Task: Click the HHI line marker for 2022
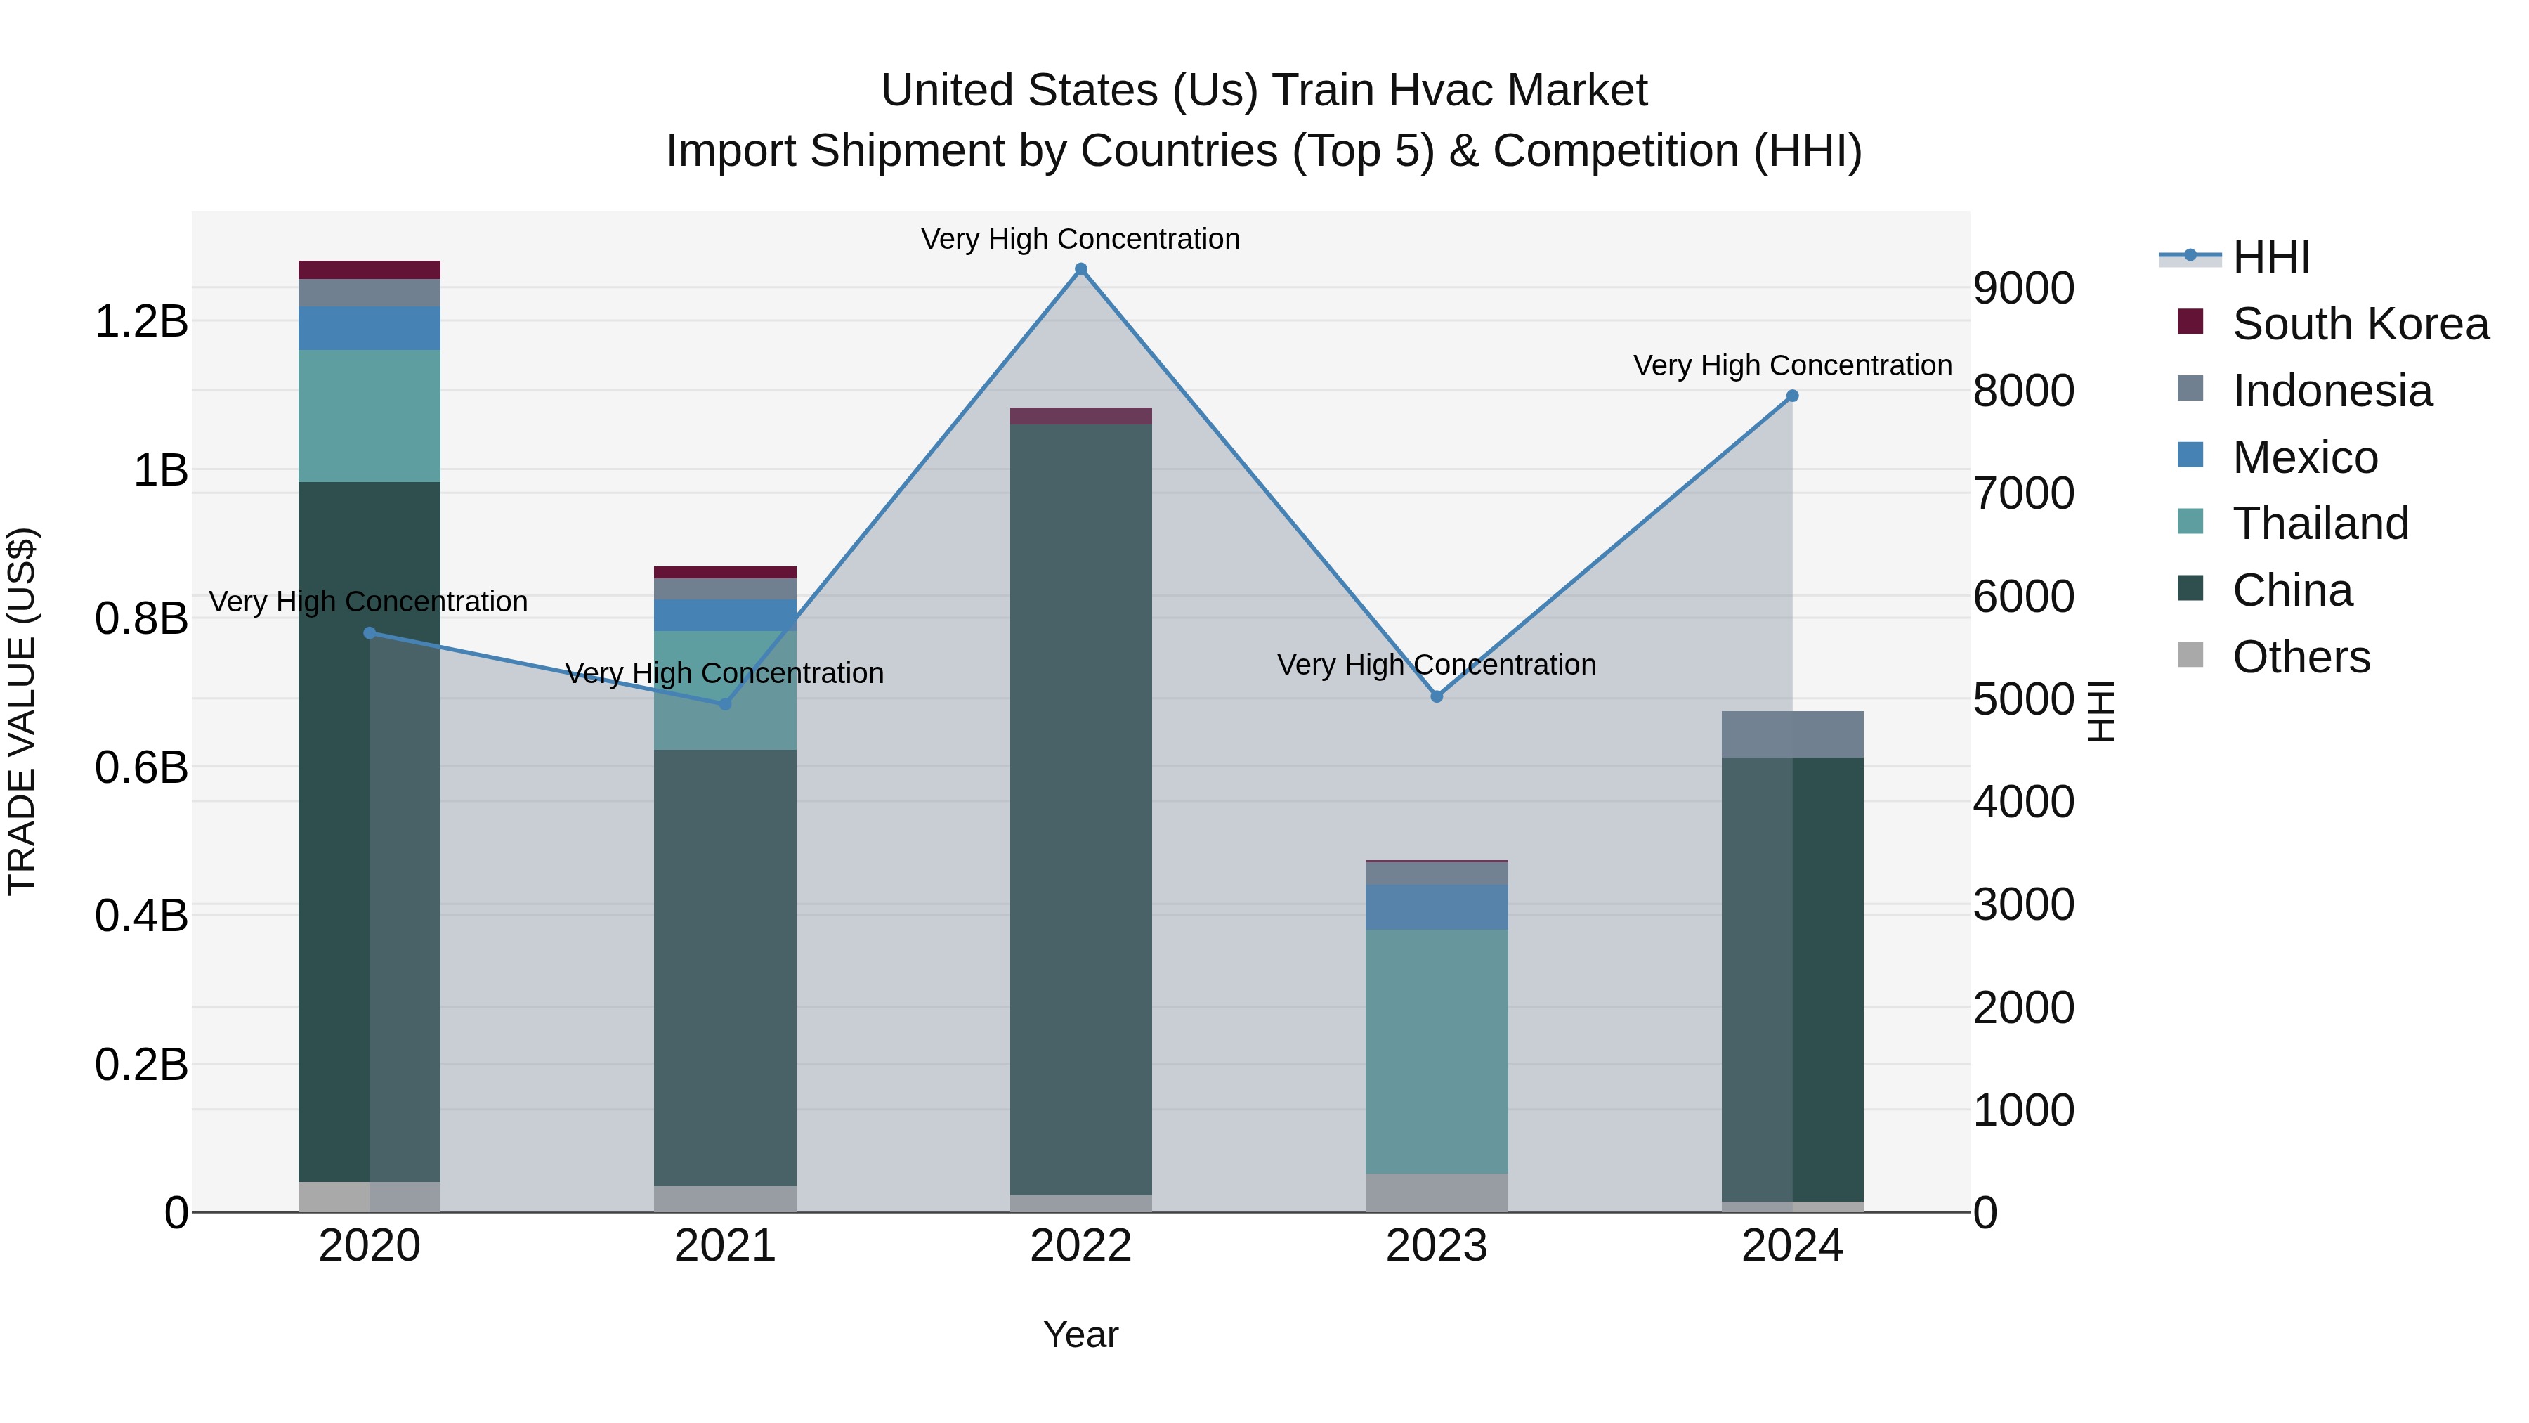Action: click(1081, 269)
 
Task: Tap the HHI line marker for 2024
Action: click(1791, 396)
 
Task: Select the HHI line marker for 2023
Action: click(1437, 696)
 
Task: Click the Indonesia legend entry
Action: click(2332, 391)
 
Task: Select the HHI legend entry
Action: click(2270, 257)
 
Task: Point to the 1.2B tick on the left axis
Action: click(141, 321)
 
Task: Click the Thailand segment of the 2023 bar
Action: click(1437, 1051)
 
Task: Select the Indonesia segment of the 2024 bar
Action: click(1791, 734)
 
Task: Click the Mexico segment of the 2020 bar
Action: click(369, 328)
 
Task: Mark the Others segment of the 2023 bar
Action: click(1437, 1193)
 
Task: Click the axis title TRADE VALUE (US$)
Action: click(22, 711)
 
